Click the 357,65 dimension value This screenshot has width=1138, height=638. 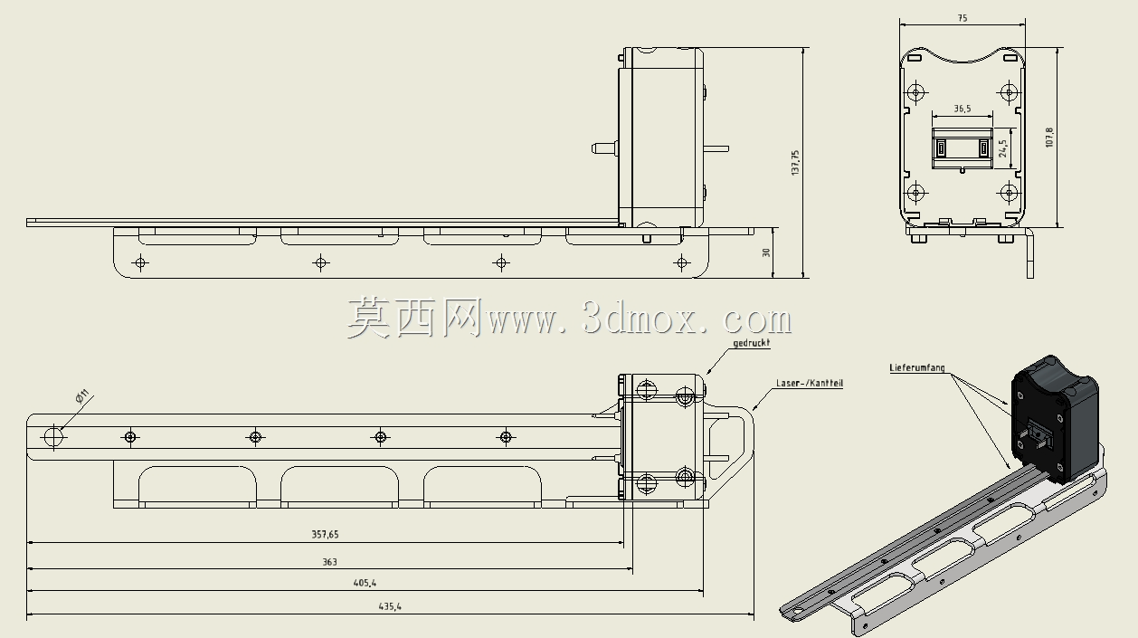click(325, 534)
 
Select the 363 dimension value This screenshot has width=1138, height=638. click(329, 562)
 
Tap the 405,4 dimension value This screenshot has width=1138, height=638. click(365, 583)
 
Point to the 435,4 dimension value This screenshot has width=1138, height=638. click(390, 606)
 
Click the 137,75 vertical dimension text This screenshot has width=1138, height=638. click(795, 163)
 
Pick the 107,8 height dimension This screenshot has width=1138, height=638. click(1049, 138)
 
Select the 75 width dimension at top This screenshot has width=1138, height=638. click(963, 18)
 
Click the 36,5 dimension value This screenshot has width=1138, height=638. click(963, 109)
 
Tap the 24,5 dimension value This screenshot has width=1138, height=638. click(1002, 148)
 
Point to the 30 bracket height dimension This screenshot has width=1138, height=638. click(766, 252)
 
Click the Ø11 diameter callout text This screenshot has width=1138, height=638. click(81, 395)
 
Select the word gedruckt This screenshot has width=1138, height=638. click(752, 343)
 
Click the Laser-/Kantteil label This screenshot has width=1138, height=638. click(810, 384)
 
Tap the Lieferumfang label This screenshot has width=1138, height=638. click(917, 367)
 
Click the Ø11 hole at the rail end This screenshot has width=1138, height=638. click(52, 437)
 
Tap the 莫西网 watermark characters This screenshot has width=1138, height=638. click(414, 319)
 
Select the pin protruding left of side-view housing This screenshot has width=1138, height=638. click(604, 148)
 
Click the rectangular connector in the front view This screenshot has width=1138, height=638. click(963, 148)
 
